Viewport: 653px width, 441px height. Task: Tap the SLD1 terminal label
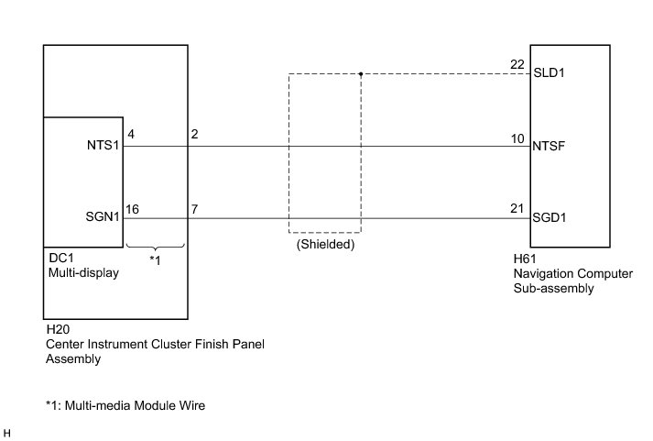548,73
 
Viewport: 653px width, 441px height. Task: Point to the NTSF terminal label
549,145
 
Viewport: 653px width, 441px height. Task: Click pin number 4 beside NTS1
132,136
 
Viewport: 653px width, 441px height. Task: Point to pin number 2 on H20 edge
194,136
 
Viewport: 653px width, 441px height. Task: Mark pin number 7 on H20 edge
194,208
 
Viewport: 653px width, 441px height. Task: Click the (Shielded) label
325,246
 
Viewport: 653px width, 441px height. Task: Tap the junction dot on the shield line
361,73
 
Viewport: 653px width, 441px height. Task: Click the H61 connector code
525,259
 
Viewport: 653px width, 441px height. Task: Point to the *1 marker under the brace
155,261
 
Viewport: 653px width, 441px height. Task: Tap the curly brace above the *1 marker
155,246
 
